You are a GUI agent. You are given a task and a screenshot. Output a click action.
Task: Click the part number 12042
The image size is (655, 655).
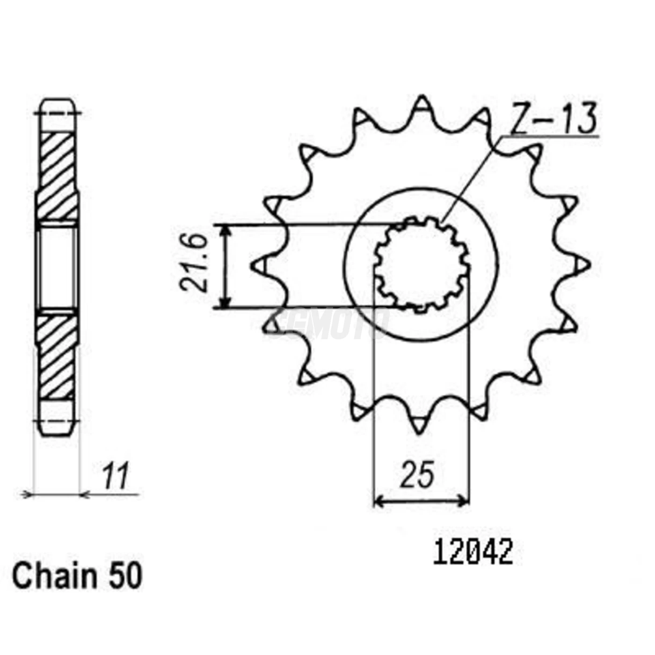click(473, 553)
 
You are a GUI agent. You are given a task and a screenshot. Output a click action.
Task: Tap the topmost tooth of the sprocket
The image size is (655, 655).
click(422, 104)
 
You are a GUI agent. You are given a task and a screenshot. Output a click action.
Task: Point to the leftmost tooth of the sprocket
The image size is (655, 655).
click(260, 265)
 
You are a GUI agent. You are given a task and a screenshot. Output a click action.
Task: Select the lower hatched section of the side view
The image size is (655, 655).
click(58, 356)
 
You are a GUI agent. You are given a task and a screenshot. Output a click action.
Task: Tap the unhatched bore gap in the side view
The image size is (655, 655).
click(58, 267)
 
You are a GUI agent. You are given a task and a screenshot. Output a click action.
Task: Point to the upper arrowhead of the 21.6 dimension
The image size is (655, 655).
click(226, 230)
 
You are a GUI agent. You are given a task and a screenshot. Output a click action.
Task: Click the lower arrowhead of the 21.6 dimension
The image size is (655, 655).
click(226, 303)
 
